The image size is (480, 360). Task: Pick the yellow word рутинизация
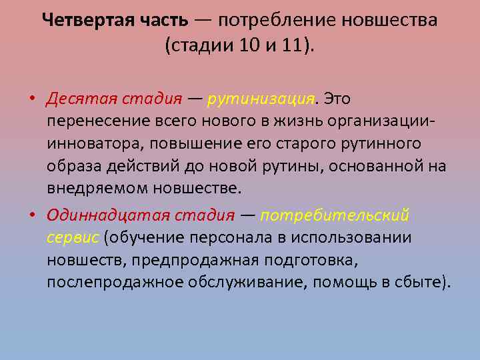[x=261, y=99]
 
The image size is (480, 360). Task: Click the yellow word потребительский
[x=335, y=215]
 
